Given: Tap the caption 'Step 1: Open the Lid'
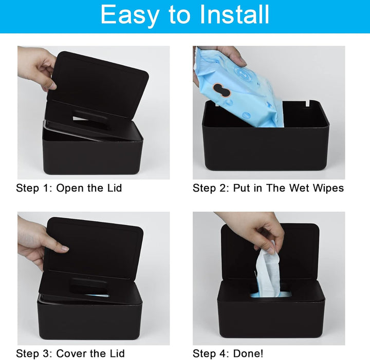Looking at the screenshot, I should point(69,188).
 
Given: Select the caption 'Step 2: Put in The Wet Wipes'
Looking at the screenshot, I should point(268,188).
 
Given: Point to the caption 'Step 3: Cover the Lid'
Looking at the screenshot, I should point(70,353).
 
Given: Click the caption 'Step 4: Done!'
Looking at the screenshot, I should point(228,353).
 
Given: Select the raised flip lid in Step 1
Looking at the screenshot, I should point(98,82).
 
